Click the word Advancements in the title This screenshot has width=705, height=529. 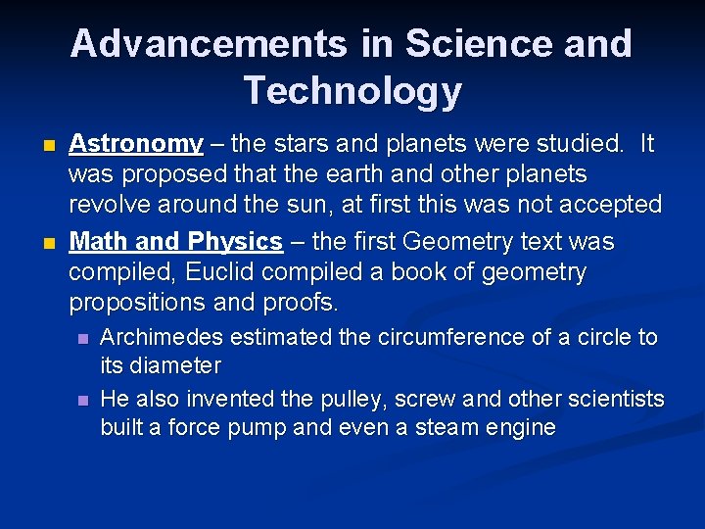tap(209, 44)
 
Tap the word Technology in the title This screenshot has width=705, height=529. tap(352, 90)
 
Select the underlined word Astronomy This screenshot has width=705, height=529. tap(136, 144)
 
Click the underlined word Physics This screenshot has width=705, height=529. tap(234, 241)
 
